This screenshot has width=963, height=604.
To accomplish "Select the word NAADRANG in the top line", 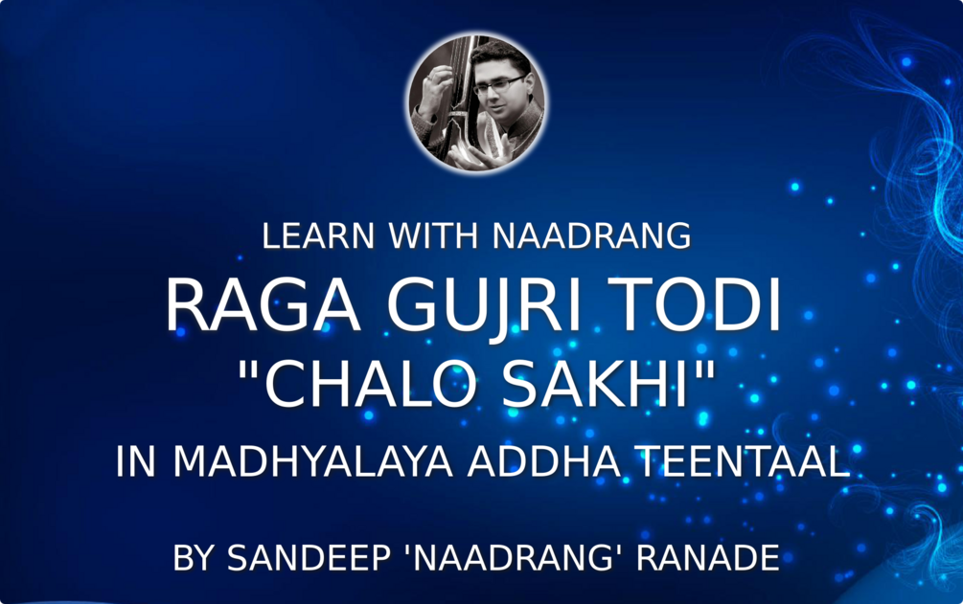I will (x=592, y=235).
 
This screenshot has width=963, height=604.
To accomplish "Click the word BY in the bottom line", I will (x=195, y=559).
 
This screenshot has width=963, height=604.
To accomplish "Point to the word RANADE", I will (x=709, y=559).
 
